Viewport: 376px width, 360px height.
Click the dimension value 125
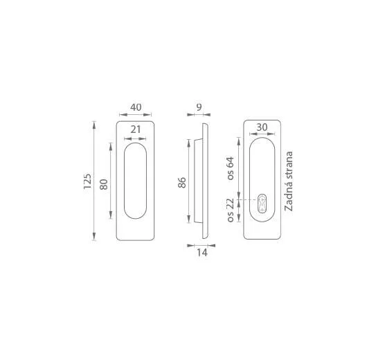[x=87, y=181]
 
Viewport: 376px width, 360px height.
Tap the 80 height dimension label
[x=104, y=184]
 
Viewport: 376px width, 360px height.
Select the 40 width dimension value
[x=136, y=107]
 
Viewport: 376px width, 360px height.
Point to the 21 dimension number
[x=136, y=129]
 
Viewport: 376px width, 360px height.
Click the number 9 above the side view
[x=199, y=107]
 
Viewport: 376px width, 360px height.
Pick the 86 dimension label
[x=182, y=183]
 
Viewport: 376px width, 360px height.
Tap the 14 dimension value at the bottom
[x=202, y=253]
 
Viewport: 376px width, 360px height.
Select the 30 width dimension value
[x=262, y=127]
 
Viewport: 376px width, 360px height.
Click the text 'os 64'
[x=230, y=168]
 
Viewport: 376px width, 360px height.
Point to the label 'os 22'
[x=230, y=210]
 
